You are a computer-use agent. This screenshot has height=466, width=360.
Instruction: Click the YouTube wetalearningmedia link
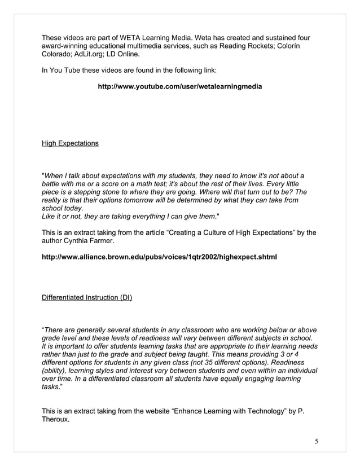[180, 87]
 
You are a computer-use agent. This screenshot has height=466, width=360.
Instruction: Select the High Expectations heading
[70, 143]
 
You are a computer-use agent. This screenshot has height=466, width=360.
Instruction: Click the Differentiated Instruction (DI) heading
[87, 297]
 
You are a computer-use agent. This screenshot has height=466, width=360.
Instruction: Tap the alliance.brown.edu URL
[159, 257]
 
